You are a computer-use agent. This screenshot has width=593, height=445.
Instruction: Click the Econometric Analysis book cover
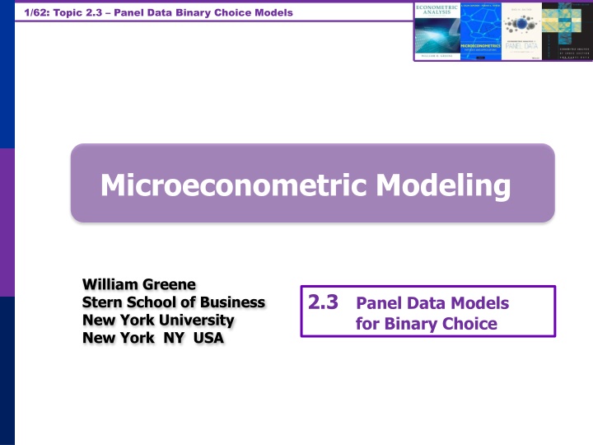click(x=437, y=31)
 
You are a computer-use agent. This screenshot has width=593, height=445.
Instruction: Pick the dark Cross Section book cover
click(x=563, y=31)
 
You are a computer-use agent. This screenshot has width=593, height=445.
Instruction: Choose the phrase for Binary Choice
click(x=426, y=323)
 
